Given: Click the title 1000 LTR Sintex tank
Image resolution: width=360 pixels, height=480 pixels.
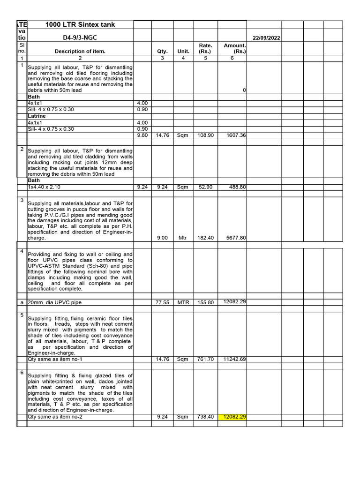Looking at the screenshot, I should (x=80, y=25).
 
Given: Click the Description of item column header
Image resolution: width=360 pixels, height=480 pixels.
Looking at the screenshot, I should (x=80, y=52).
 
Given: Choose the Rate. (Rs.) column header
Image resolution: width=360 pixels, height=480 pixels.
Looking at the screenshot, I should (x=206, y=48).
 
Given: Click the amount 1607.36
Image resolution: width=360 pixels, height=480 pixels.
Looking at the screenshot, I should (x=235, y=135).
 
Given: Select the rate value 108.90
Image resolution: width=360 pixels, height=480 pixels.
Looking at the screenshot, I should (x=206, y=135).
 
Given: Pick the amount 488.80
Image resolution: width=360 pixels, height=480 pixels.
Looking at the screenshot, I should (x=237, y=187).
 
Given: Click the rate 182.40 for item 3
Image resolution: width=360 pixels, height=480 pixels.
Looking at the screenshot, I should (x=206, y=238).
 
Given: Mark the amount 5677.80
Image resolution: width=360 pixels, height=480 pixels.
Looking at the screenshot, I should (x=235, y=238).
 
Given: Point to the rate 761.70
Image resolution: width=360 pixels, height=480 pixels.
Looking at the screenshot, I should (x=206, y=360).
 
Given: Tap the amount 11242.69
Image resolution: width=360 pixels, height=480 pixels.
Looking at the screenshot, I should (x=234, y=360).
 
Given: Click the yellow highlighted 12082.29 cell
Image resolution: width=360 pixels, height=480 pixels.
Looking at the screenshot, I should (x=234, y=417).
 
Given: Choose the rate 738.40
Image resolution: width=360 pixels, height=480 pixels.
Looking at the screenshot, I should (x=206, y=417).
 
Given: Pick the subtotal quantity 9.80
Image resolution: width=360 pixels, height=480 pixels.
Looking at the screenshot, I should (x=142, y=135).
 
